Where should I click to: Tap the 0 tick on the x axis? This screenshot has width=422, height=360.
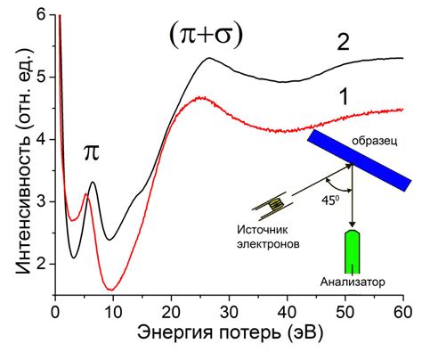[x=55, y=311]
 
